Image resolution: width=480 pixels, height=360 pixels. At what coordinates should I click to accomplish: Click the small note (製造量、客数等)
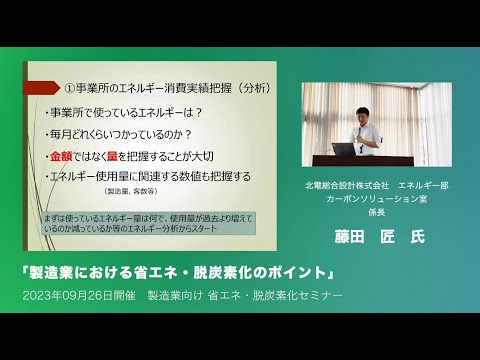(132, 190)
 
